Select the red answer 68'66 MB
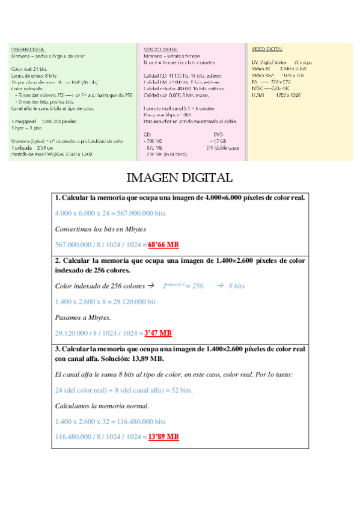[x=163, y=245]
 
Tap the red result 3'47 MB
[x=158, y=333]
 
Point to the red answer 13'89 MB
[x=163, y=437]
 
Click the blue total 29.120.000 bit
[x=105, y=301]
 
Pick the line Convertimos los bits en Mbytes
[x=100, y=229]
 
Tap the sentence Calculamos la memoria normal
[x=102, y=405]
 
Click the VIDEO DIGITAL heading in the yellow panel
[x=266, y=49]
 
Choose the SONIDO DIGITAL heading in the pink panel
[x=160, y=49]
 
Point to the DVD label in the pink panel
[x=218, y=135]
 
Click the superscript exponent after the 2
[x=182, y=284]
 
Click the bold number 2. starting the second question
[x=57, y=261]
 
